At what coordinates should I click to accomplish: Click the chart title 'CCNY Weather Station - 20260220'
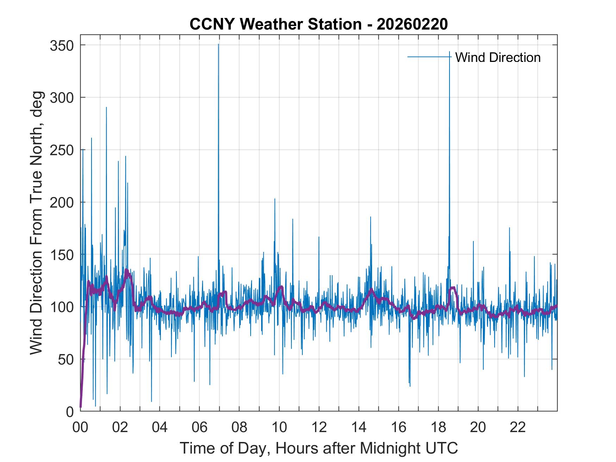319,24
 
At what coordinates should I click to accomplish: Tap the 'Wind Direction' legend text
498,57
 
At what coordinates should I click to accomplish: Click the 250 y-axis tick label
62,150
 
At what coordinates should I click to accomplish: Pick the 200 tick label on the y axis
62,202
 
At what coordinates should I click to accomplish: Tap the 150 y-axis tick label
62,254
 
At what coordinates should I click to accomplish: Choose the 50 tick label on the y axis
66,359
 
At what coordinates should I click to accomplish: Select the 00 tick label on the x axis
80,428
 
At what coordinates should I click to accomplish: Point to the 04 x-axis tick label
160,428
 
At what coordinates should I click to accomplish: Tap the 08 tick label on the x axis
239,428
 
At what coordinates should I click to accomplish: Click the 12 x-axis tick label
319,428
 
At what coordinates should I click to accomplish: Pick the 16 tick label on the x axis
398,428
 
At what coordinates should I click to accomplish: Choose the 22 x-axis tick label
518,428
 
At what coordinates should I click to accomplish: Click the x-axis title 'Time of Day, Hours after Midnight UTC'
319,448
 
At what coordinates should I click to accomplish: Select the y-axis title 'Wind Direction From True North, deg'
36,222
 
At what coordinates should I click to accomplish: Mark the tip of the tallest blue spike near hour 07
218,44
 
